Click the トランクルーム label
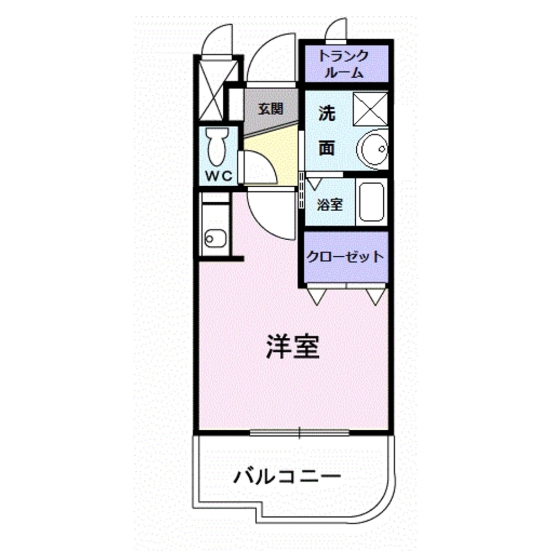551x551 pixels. tap(344, 64)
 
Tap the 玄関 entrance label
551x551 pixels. tap(271, 109)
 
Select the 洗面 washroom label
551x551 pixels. tap(327, 132)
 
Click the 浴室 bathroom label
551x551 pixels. tap(330, 205)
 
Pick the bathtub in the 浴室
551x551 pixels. tap(371, 202)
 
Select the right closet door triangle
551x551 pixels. tap(376, 296)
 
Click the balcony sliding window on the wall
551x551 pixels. tap(299, 432)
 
